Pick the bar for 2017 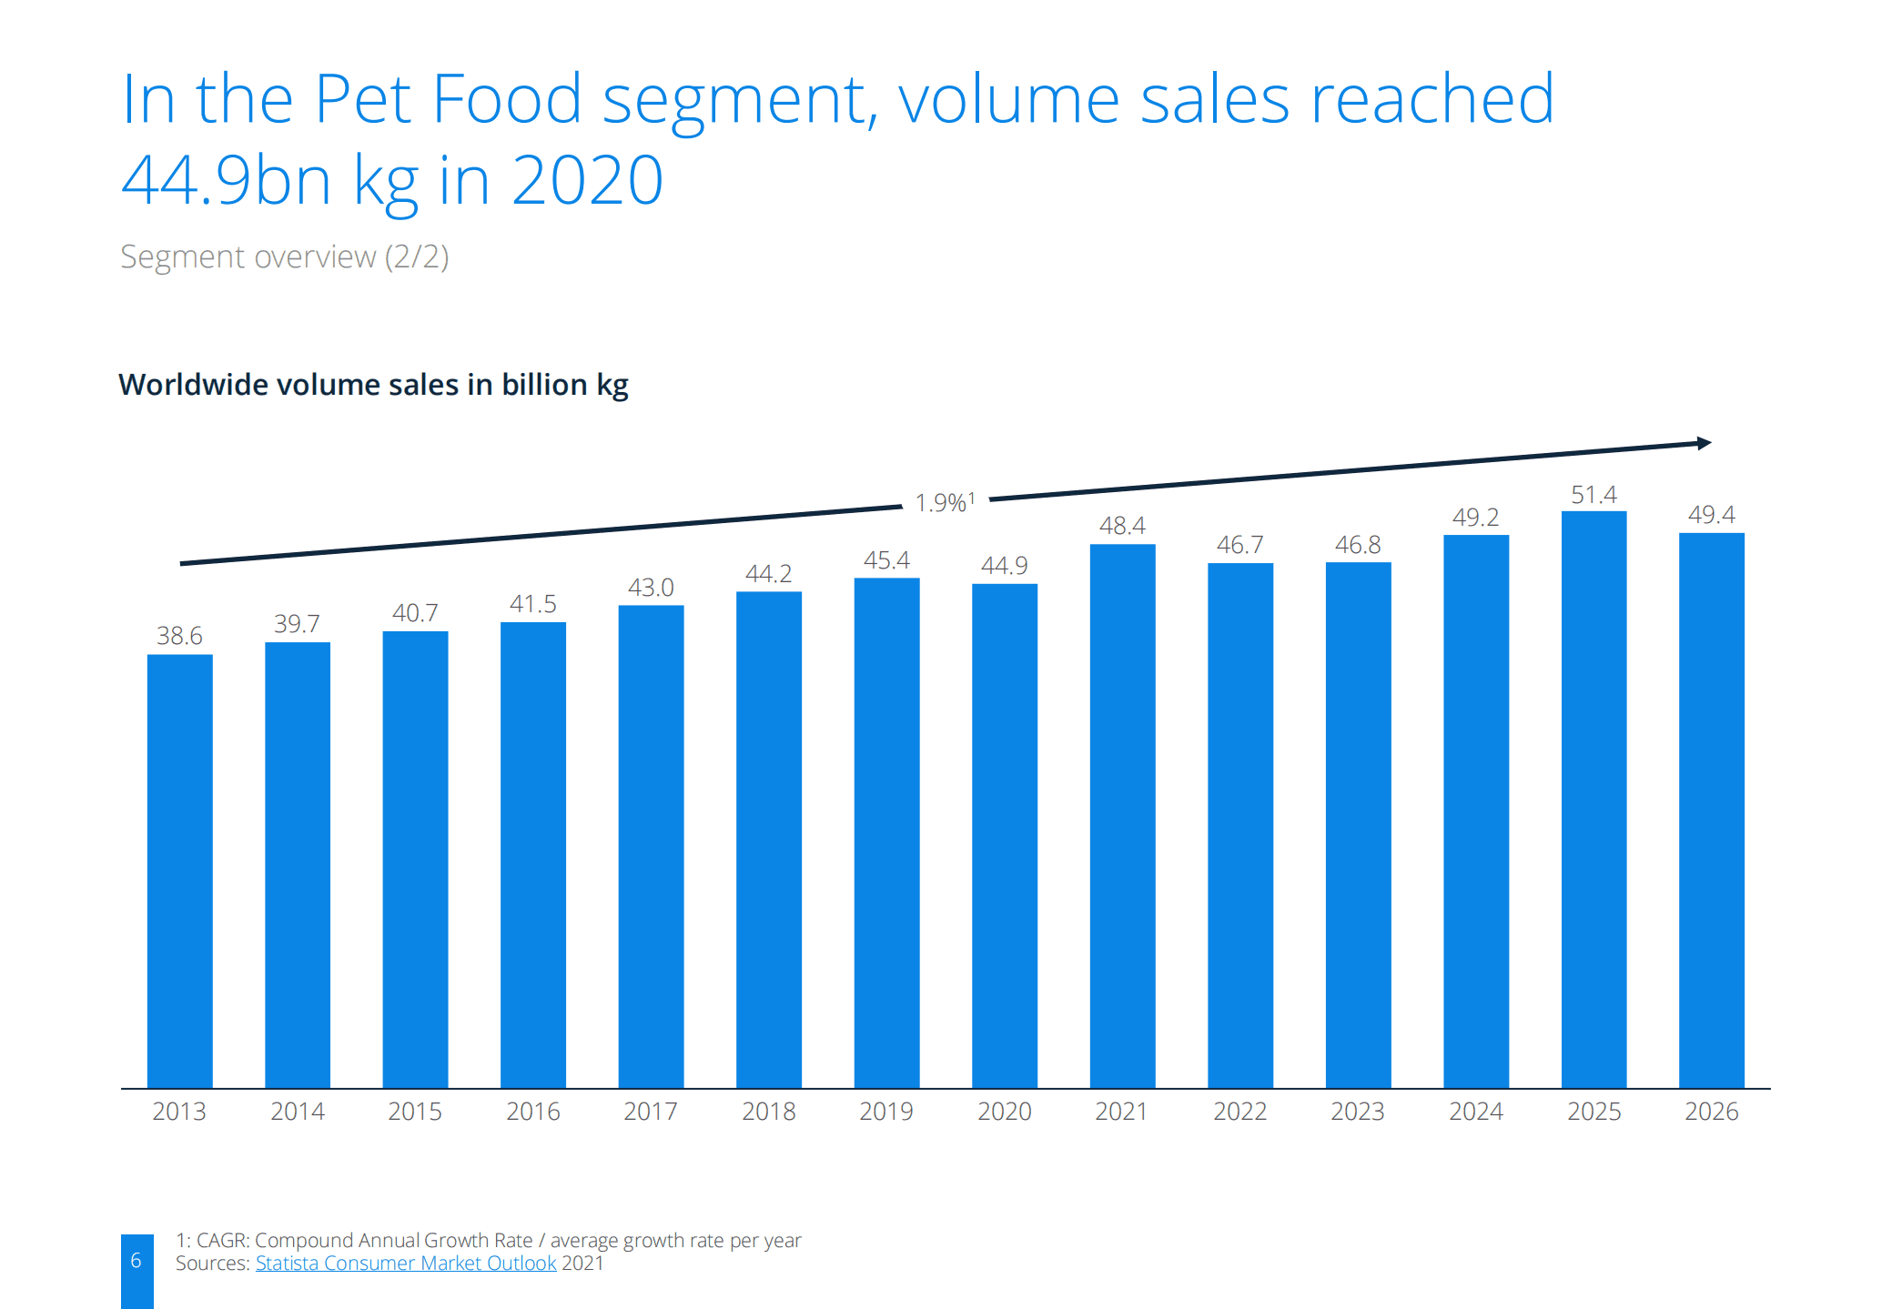(x=651, y=846)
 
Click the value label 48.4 (x=1121, y=526)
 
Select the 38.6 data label (x=179, y=636)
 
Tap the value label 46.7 (x=1239, y=545)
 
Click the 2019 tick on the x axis (x=885, y=1112)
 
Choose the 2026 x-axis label (x=1711, y=1112)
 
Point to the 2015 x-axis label (x=415, y=1112)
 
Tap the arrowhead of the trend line (x=1704, y=443)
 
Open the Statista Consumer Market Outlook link (x=405, y=1264)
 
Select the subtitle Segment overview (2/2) (x=284, y=257)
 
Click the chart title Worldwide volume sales (x=373, y=385)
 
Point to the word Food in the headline (x=506, y=99)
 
